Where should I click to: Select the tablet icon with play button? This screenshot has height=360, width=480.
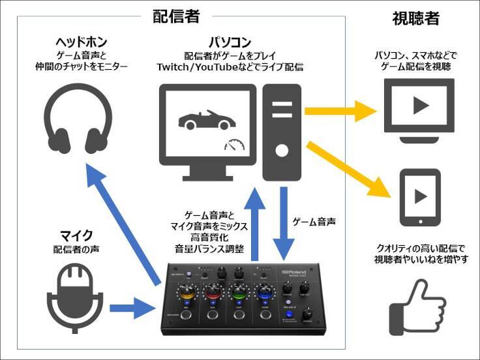point(419,198)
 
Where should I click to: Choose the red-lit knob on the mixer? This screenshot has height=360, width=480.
point(213,291)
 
